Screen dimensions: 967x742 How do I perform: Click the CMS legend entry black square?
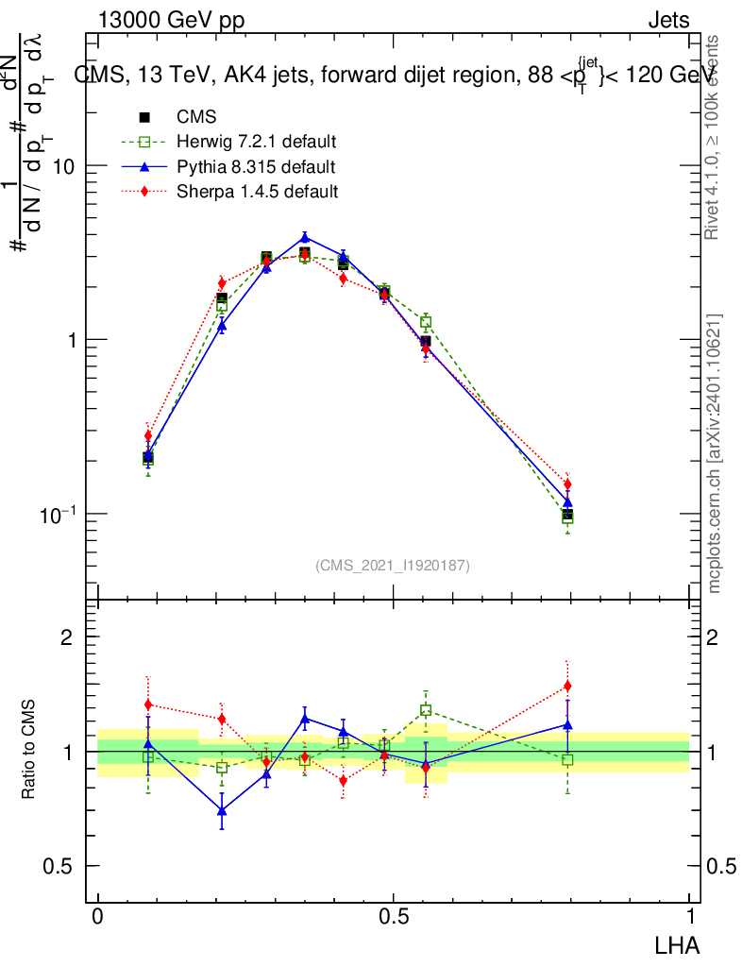[x=145, y=117]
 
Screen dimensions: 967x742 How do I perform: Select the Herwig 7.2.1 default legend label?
[x=257, y=142]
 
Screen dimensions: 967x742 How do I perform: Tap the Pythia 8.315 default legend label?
[x=255, y=167]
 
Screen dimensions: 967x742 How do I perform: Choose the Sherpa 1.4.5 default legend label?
[x=257, y=192]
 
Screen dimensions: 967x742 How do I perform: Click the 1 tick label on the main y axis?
[x=72, y=340]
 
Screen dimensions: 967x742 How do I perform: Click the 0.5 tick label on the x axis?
[x=393, y=918]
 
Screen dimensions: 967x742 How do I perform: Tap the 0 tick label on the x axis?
[x=98, y=918]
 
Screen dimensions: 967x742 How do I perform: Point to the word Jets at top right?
[x=667, y=21]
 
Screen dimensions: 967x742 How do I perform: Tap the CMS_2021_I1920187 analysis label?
[x=393, y=565]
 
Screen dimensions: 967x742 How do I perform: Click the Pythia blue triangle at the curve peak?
[x=304, y=237]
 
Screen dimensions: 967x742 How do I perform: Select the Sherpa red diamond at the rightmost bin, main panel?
[x=567, y=483]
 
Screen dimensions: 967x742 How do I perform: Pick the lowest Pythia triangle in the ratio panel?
[x=221, y=810]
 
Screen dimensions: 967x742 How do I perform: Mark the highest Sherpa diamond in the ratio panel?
[x=567, y=686]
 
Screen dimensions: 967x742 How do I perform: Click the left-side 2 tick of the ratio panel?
[x=68, y=636]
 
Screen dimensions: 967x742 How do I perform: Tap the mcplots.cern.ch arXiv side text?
[x=715, y=453]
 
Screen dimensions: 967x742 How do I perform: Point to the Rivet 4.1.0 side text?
[x=715, y=137]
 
